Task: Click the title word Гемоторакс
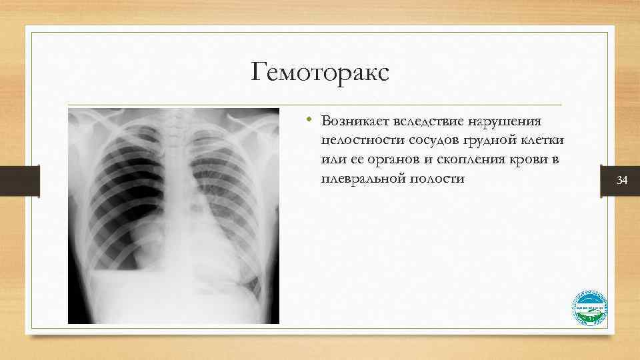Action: pyautogui.click(x=319, y=71)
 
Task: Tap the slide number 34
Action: pyautogui.click(x=622, y=180)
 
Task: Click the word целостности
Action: pyautogui.click(x=360, y=141)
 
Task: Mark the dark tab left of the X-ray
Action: pyautogui.click(x=20, y=180)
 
